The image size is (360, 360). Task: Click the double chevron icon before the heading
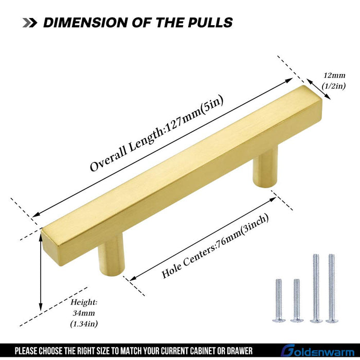tap(30, 23)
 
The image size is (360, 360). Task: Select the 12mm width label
tap(334, 75)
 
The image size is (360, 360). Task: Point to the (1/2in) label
tap(334, 86)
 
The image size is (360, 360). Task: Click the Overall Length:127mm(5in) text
tap(156, 133)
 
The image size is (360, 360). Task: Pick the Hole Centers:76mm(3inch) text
tap(215, 246)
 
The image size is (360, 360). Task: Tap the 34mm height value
tap(84, 313)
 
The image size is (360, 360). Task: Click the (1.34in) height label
tap(84, 323)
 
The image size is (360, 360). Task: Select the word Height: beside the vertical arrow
tap(84, 302)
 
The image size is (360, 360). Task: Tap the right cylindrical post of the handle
tap(265, 167)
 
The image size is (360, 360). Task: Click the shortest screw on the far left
tap(279, 300)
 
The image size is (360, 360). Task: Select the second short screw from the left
tap(297, 300)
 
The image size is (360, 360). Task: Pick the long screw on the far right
tap(332, 288)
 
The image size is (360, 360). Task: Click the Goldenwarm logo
tap(318, 351)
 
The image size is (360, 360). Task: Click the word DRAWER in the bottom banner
tap(240, 351)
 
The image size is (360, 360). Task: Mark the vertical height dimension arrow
tap(41, 273)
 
